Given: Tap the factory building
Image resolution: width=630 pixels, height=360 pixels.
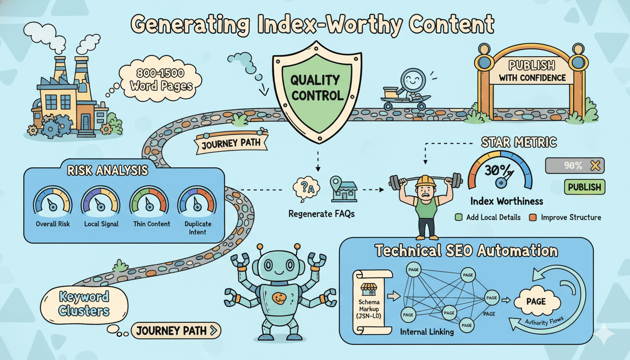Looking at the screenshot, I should tap(70, 101).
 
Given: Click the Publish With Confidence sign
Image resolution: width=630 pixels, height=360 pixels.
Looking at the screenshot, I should tap(532, 71).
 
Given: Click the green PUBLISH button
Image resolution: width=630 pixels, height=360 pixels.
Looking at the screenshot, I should tap(584, 187).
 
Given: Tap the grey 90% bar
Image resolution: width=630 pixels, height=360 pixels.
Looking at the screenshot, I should tap(575, 165).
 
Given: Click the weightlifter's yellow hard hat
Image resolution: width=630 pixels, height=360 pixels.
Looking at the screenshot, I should tap(425, 180).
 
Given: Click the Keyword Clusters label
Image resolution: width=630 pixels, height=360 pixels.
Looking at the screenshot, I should tap(84, 303).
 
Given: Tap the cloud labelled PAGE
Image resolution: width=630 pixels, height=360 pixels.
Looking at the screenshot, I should tap(536, 301).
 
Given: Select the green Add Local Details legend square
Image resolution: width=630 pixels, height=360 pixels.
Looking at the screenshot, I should tap(459, 217).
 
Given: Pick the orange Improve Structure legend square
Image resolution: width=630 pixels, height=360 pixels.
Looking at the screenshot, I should tap(532, 217).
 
